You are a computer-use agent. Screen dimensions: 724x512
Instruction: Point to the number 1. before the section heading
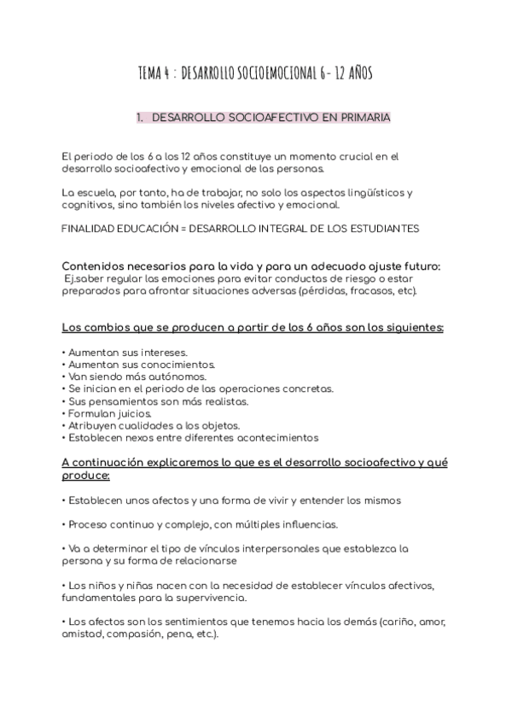(x=140, y=118)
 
